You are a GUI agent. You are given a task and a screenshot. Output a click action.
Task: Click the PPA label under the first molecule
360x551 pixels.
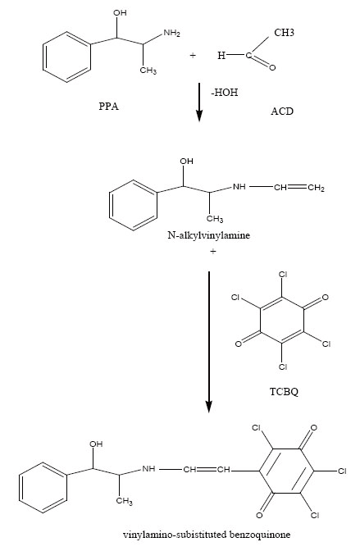click(x=108, y=107)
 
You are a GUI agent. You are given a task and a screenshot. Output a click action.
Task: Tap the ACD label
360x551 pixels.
click(x=282, y=112)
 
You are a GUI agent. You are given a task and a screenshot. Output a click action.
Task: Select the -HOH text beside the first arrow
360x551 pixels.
click(x=225, y=93)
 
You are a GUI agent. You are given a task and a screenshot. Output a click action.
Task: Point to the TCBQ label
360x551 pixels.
click(x=284, y=391)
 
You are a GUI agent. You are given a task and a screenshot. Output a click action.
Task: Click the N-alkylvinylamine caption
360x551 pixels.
click(x=209, y=235)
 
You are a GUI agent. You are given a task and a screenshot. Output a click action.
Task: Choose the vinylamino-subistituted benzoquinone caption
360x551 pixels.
click(x=207, y=535)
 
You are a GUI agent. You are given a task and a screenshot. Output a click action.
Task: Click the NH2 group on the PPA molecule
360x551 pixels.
click(x=171, y=34)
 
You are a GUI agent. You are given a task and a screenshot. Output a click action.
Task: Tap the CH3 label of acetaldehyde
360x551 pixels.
click(x=284, y=33)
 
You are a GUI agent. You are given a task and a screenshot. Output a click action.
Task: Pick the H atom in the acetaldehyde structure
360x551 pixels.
click(x=221, y=56)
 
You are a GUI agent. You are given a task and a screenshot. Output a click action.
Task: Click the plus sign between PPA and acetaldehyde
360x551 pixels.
click(x=193, y=55)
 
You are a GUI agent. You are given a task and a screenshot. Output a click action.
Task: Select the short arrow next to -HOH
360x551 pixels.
click(x=199, y=102)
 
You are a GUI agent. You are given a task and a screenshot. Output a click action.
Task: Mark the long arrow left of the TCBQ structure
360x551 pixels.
click(x=209, y=342)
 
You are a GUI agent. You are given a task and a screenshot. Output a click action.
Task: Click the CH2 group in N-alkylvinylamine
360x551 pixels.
click(x=316, y=188)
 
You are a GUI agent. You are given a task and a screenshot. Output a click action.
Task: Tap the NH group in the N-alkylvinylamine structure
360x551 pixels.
click(x=239, y=187)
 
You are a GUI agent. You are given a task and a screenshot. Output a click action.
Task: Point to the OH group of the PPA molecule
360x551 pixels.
click(x=120, y=13)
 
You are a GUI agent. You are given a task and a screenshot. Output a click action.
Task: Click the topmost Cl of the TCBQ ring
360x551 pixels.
click(x=283, y=275)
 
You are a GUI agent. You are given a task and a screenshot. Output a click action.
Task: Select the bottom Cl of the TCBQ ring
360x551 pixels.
click(x=283, y=367)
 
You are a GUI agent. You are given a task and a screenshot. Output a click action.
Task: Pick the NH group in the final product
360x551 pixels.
click(x=148, y=469)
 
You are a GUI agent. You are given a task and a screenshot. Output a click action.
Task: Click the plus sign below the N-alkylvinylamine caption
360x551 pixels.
click(x=212, y=251)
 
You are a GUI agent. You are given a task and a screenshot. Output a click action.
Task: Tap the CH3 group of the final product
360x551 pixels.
click(x=125, y=501)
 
